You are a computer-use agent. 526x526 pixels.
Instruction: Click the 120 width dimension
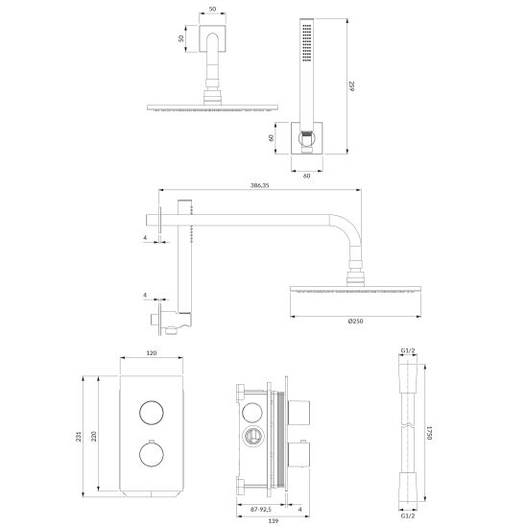click(x=151, y=354)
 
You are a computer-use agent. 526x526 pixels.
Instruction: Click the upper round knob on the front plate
click(x=150, y=413)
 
